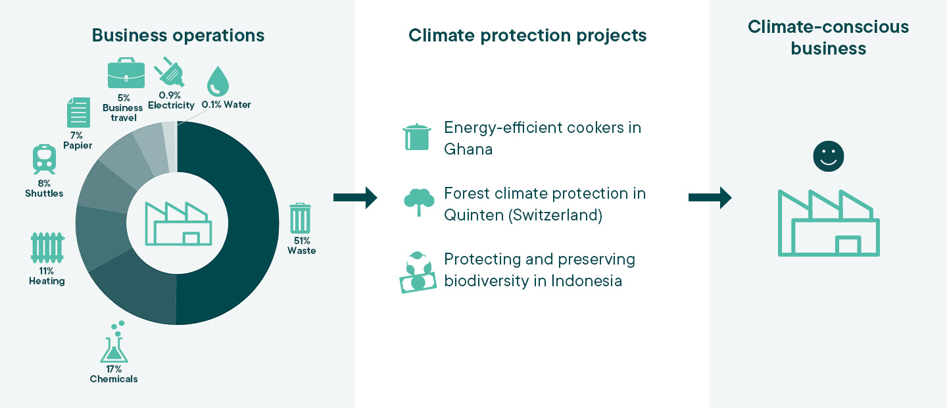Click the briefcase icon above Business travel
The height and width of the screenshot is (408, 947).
(x=126, y=73)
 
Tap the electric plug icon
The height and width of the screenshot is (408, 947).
(x=170, y=72)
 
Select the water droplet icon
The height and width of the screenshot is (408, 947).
(x=218, y=81)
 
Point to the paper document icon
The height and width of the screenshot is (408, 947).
(x=79, y=113)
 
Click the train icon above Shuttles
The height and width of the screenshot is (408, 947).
(x=45, y=159)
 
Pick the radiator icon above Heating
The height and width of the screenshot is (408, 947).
(x=47, y=247)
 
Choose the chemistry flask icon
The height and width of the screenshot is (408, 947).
(x=114, y=342)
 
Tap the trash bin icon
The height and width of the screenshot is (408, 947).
(x=300, y=218)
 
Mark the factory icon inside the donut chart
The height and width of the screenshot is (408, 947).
(x=178, y=224)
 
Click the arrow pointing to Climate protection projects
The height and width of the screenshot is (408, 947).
(x=355, y=197)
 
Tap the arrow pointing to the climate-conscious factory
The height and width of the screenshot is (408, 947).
(x=710, y=197)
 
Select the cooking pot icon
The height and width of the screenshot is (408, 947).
(x=417, y=137)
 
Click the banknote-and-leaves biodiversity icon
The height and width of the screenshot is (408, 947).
(x=418, y=272)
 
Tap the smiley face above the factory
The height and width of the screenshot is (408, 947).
(x=829, y=156)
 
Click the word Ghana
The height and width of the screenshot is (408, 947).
(x=468, y=149)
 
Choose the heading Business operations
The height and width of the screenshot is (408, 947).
(x=178, y=36)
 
